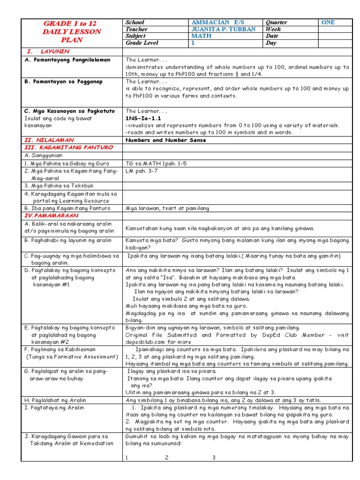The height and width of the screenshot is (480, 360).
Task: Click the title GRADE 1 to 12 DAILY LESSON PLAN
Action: click(72, 31)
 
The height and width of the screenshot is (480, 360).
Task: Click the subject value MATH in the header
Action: click(202, 36)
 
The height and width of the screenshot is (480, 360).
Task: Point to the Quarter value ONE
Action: click(328, 22)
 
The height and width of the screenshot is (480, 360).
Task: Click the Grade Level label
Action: click(142, 43)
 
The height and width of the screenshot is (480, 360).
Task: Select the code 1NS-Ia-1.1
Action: click(143, 119)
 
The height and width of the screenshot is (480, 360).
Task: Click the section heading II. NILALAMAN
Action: click(46, 140)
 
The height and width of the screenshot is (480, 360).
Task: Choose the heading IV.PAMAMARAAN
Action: click(52, 216)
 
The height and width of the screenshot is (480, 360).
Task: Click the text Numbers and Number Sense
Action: click(166, 140)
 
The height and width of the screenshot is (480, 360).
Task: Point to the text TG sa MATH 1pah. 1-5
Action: click(156, 164)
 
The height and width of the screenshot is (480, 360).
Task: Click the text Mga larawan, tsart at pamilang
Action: click(167, 208)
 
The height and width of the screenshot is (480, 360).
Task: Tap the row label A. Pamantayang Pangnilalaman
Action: click(67, 60)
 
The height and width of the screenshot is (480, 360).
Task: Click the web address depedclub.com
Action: click(145, 342)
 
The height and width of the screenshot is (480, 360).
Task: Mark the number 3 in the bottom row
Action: click(214, 457)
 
